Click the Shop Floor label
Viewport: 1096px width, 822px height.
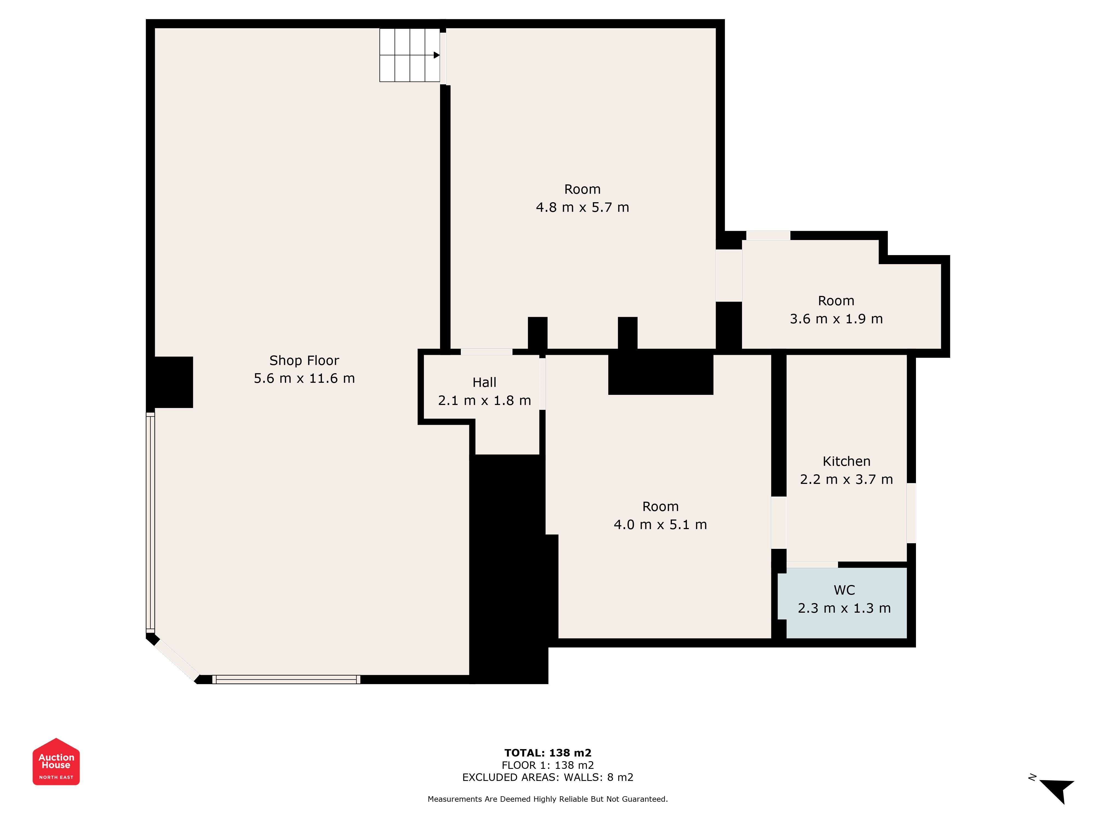tap(304, 361)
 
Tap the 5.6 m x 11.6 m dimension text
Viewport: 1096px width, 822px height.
tap(304, 379)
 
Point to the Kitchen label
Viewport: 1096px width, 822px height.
tap(846, 461)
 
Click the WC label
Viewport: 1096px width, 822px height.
tap(844, 590)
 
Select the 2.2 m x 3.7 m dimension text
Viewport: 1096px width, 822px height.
tap(846, 479)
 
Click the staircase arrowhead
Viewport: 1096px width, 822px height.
tap(436, 55)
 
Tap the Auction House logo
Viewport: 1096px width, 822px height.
tap(56, 761)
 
